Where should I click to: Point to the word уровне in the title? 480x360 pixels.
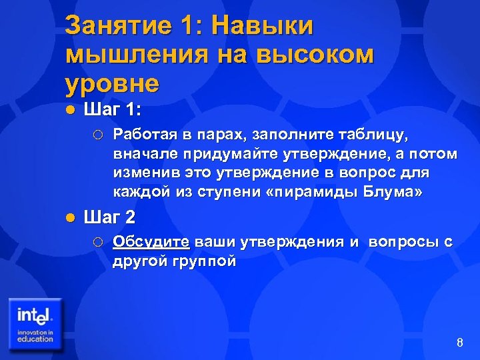click(113, 85)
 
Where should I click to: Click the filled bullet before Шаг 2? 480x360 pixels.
click(71, 217)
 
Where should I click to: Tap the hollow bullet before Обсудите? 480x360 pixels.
click(98, 242)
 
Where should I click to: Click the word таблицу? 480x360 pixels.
click(371, 136)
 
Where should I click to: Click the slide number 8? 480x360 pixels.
click(459, 343)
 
